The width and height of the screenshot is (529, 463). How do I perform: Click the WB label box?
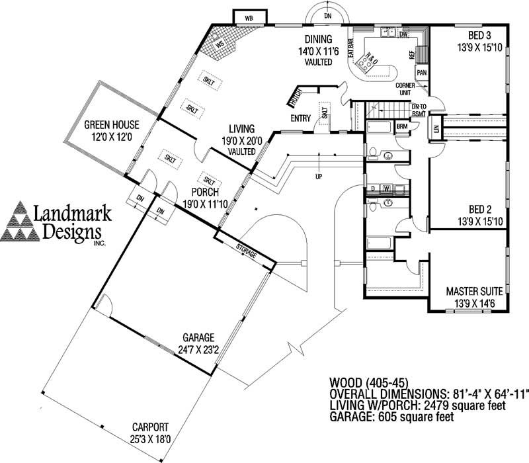[249, 17]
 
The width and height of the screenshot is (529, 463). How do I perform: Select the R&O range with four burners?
[366, 61]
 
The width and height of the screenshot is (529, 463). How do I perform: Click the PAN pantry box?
[421, 72]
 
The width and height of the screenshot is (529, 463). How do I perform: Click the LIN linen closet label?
[436, 128]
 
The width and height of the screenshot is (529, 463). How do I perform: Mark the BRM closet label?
[401, 125]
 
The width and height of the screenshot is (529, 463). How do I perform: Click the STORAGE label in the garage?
[248, 248]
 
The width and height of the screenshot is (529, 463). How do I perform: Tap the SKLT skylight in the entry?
[325, 114]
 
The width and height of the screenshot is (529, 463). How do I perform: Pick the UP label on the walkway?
[319, 177]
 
